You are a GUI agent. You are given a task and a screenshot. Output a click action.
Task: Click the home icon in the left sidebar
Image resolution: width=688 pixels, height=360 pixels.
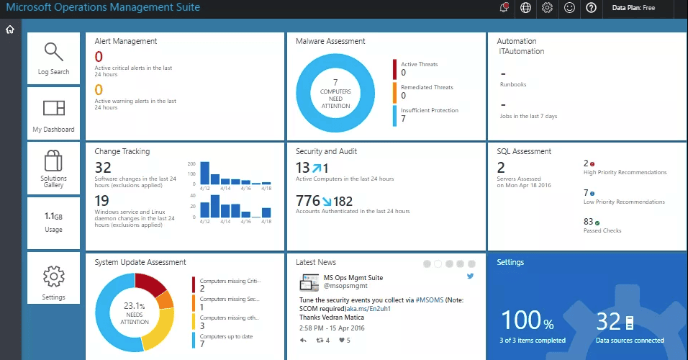point(9,30)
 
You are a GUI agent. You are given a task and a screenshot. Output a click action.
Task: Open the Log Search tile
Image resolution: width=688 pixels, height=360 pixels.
point(53,58)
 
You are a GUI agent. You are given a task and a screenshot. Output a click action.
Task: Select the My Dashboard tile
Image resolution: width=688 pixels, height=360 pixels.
point(53,113)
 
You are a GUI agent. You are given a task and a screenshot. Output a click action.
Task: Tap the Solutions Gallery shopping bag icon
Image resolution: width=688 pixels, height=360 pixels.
point(53,161)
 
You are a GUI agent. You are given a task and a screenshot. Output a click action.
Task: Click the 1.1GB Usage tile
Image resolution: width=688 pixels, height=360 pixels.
point(53,222)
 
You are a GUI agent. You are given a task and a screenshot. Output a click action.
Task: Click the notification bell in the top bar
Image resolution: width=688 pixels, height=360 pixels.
point(504,7)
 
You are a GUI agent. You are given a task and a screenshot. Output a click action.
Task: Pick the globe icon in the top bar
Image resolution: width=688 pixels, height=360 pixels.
point(525,7)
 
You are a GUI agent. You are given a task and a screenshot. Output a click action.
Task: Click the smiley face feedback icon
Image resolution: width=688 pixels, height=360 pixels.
point(569,7)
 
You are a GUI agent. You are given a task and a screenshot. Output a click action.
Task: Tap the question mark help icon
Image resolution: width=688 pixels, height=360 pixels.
point(591,7)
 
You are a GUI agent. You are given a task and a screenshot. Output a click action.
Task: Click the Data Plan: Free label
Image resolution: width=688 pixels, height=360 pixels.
point(633,7)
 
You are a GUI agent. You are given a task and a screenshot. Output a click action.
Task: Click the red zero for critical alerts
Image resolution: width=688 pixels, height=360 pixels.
point(99,57)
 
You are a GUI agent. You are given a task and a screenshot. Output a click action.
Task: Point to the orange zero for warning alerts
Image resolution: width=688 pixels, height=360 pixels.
point(99,89)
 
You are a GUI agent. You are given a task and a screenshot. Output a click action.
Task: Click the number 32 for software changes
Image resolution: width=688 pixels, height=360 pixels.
point(103,167)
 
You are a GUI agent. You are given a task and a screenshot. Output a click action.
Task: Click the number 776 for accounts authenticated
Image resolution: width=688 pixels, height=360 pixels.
point(308,201)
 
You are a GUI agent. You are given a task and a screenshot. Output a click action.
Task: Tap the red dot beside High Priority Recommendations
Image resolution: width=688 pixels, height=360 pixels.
point(592,164)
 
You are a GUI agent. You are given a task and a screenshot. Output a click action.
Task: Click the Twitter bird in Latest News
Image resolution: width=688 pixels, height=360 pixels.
point(471,276)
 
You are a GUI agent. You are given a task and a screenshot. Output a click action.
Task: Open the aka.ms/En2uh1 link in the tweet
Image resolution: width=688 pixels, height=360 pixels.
point(368,309)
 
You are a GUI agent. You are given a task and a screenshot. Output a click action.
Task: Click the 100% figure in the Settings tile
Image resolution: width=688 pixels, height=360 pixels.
point(527,320)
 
